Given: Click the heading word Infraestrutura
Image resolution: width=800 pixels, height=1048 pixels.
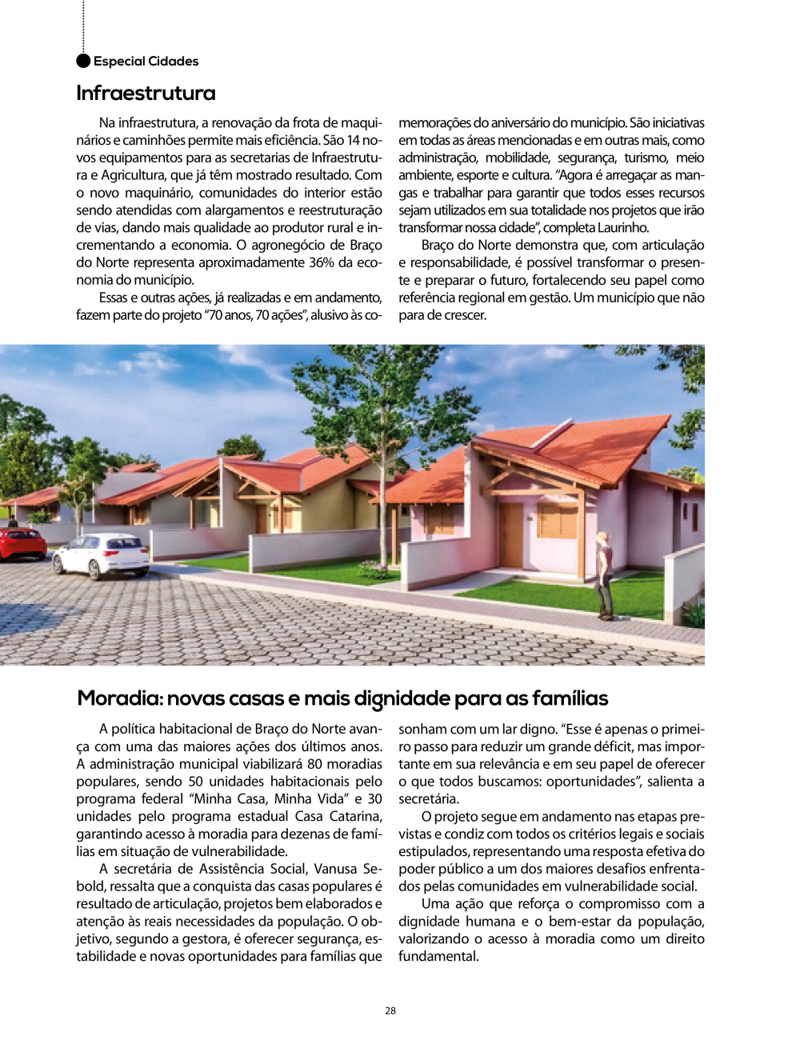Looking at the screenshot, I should (146, 94).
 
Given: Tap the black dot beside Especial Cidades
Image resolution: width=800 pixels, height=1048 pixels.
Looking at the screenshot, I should (83, 61).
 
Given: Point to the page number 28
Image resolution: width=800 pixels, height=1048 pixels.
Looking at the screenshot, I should (390, 1011).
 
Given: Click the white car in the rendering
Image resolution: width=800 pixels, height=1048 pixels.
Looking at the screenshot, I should (102, 553).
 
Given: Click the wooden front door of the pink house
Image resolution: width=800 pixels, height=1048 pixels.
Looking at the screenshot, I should (510, 534).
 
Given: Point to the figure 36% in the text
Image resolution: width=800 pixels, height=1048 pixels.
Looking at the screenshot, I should (321, 262).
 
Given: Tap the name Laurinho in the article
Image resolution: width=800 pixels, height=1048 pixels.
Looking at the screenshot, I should (623, 228).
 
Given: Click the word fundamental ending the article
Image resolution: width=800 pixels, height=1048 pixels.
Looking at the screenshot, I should (438, 956).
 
